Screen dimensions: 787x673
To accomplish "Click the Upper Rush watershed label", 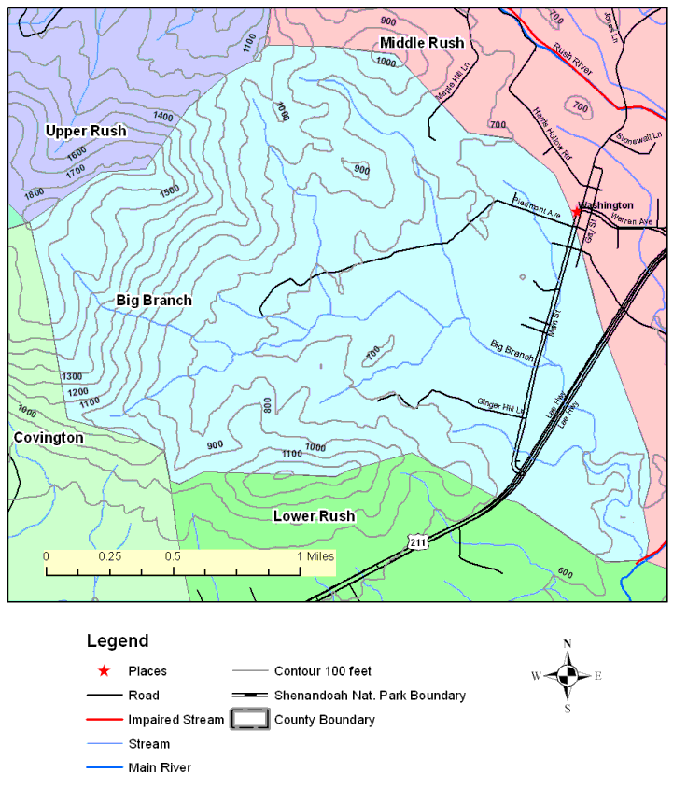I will tap(86, 131).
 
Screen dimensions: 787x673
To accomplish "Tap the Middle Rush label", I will tap(421, 43).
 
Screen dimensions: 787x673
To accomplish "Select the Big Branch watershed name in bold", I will tap(154, 300).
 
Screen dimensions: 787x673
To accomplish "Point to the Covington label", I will tap(48, 437).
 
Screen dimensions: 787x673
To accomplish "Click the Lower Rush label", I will tap(314, 516).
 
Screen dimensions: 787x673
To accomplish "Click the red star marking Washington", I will tap(577, 212).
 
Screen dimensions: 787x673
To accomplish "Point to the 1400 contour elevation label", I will tap(163, 117).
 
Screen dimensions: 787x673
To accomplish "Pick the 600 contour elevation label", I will tap(564, 572).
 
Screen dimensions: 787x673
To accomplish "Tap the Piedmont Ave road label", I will tap(536, 208).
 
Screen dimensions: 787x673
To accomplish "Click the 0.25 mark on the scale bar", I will tap(110, 556).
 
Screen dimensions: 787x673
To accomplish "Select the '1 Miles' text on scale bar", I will tap(315, 556).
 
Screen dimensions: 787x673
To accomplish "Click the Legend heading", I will tap(118, 641).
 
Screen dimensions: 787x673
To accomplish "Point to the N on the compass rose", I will tap(567, 644).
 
